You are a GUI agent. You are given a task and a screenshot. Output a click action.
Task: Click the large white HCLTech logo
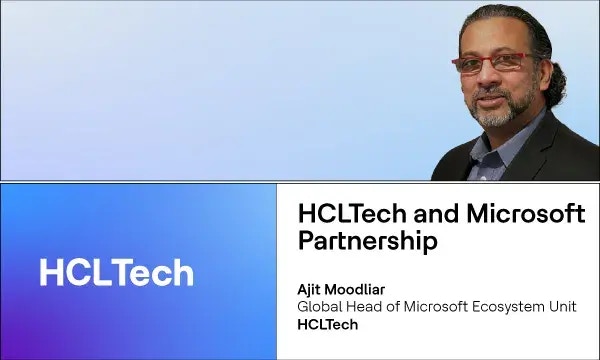[x=116, y=272]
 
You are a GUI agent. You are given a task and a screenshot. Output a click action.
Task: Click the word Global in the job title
[x=322, y=306]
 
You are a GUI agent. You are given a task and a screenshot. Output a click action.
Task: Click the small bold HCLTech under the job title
[x=328, y=325]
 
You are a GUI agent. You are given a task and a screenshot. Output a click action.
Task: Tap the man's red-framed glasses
[x=489, y=62]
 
